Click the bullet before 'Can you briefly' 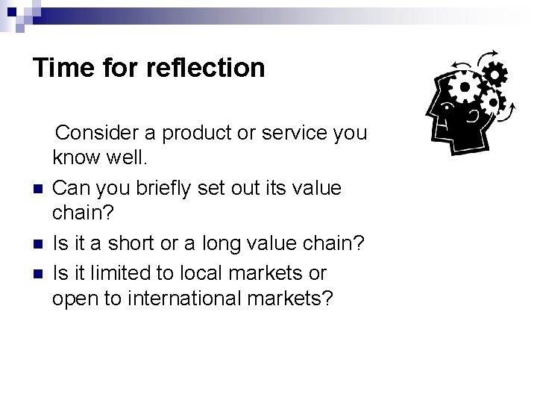tap(37, 189)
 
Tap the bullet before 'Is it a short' tap(37, 244)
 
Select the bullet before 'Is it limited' tap(37, 272)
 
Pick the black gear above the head tap(495, 74)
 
